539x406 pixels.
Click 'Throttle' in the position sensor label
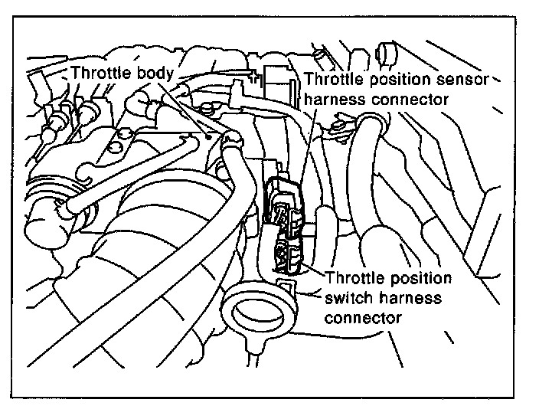click(332, 80)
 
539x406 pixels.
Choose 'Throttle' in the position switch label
click(354, 277)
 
